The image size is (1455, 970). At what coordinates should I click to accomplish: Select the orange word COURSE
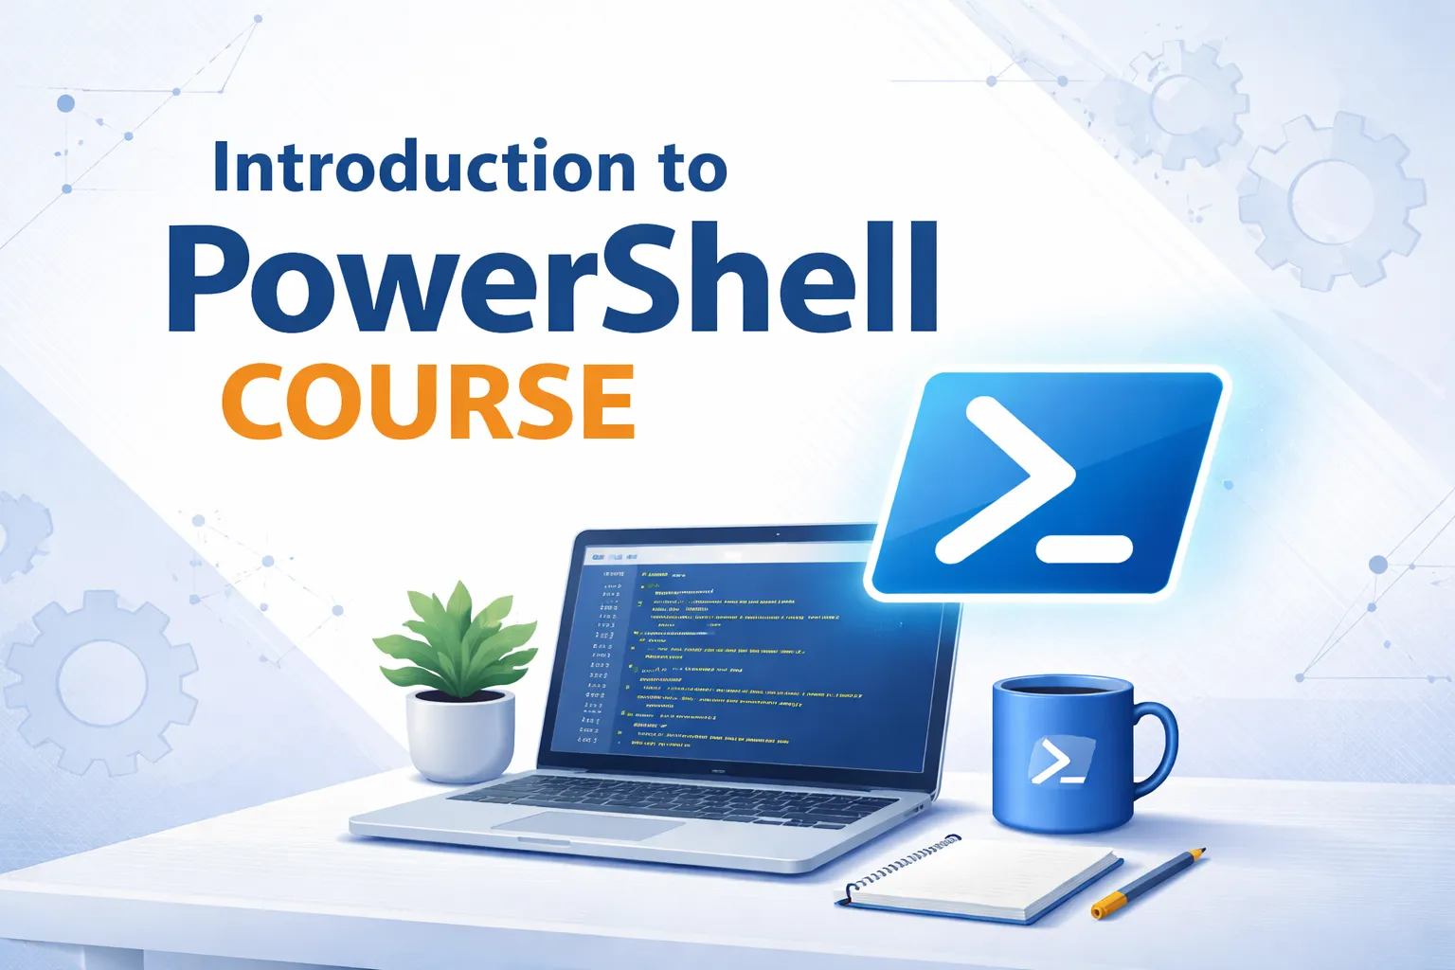tap(428, 402)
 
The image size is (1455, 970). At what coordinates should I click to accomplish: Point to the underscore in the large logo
tap(1085, 548)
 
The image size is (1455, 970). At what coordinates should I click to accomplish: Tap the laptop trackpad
tap(587, 823)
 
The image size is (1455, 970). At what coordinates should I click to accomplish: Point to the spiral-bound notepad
tap(985, 876)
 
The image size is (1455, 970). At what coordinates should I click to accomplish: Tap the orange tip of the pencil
tap(1100, 911)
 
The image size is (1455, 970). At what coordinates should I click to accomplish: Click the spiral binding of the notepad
tap(900, 864)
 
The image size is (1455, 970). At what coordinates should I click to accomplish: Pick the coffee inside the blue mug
tap(1061, 687)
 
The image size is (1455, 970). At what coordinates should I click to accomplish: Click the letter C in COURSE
tap(256, 402)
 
